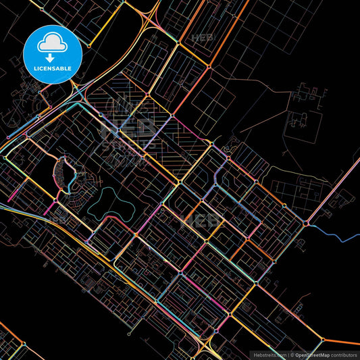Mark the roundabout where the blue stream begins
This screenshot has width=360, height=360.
(x=307, y=222)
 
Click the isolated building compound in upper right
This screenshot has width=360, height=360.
(x=301, y=122)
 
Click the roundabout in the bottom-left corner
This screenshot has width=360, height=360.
(x=24, y=344)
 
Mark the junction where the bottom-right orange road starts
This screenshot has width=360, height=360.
(x=324, y=339)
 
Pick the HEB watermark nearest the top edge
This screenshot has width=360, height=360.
(x=203, y=38)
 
